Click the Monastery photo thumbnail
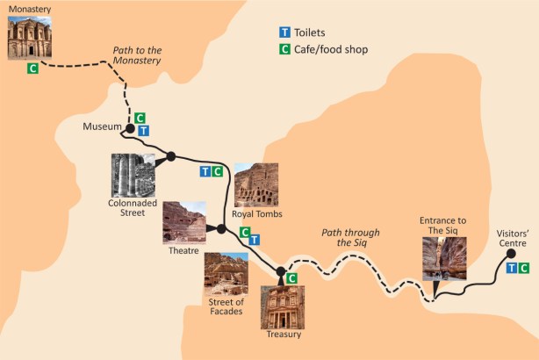tap(32, 38)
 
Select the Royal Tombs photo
tap(255, 184)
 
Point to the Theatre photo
tap(184, 222)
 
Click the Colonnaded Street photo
tap(133, 175)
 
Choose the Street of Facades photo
tap(226, 275)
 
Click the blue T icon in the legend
tap(284, 32)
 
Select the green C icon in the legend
tap(284, 49)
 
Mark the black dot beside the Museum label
tap(130, 128)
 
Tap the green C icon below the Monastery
tap(32, 68)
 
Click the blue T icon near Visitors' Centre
tap(512, 267)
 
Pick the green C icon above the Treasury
tap(291, 278)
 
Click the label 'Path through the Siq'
tap(350, 238)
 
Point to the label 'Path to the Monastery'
tap(139, 55)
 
